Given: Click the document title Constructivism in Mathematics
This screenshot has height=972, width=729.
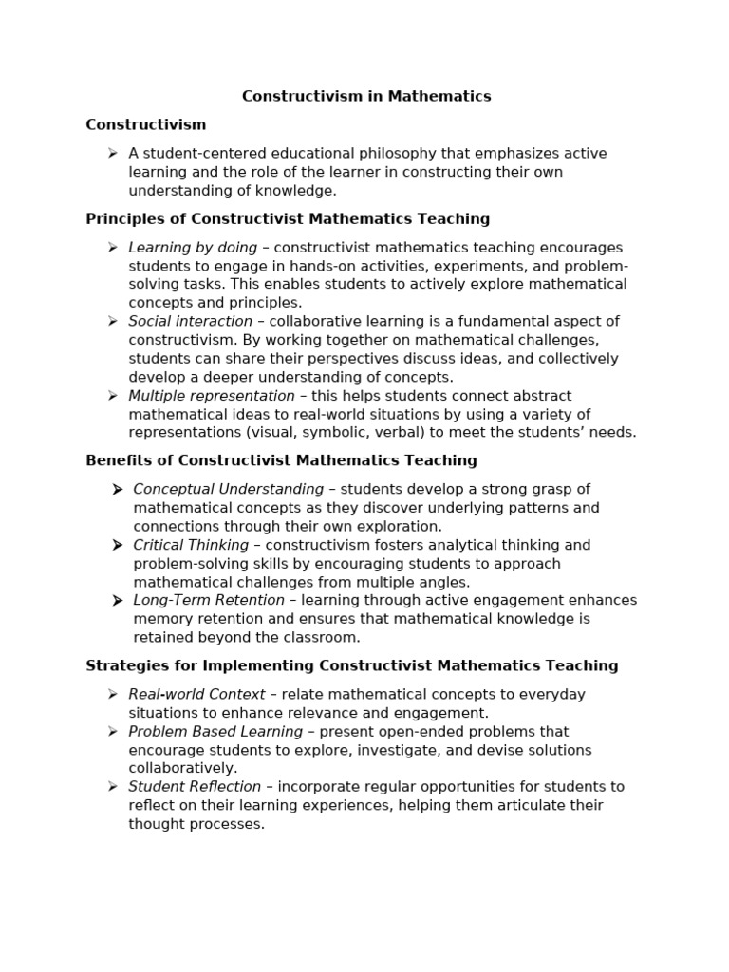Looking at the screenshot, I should pos(366,96).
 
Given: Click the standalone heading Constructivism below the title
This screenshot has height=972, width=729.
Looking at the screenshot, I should pos(145,124).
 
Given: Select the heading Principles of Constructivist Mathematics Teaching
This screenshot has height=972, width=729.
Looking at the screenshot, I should pos(288,219).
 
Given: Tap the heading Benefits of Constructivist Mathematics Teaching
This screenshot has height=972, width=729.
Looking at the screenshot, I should pos(281,460).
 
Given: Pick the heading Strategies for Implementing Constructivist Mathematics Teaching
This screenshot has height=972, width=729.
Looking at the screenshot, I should pos(351,665).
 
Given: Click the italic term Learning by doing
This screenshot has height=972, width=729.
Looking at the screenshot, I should pos(193,248).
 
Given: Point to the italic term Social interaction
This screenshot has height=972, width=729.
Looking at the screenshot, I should pos(190,322).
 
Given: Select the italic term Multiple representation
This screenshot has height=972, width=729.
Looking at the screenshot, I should pos(212,396).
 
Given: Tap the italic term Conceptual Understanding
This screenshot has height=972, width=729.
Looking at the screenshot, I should pos(228,489).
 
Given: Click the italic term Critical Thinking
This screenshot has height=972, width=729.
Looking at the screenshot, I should pos(191,545).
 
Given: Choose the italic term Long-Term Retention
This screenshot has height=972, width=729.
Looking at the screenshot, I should pos(208,600).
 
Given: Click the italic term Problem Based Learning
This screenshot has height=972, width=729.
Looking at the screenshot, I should pos(215,732).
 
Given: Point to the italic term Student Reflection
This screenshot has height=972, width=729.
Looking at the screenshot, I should pos(195,787).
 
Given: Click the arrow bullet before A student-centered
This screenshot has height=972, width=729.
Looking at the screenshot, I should pos(112,154).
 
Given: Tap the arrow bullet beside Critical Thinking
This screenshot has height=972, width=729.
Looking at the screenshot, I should pos(117,545).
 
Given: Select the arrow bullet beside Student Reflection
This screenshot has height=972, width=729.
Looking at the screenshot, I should pos(112,787).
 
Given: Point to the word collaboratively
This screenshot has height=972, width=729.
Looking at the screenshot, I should pos(183,768).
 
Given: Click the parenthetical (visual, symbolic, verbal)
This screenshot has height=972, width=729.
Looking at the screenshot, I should pos(327,433).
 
